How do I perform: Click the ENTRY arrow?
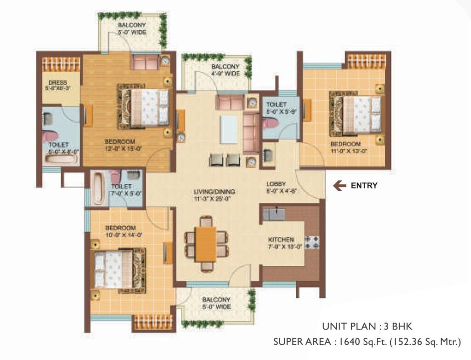click(339, 186)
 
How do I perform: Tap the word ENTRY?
click(364, 186)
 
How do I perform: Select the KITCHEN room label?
click(281, 240)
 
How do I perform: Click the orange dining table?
click(206, 244)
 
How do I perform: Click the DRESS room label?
click(57, 83)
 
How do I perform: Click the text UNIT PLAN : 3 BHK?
click(367, 327)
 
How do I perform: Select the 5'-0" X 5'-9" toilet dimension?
click(276, 112)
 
